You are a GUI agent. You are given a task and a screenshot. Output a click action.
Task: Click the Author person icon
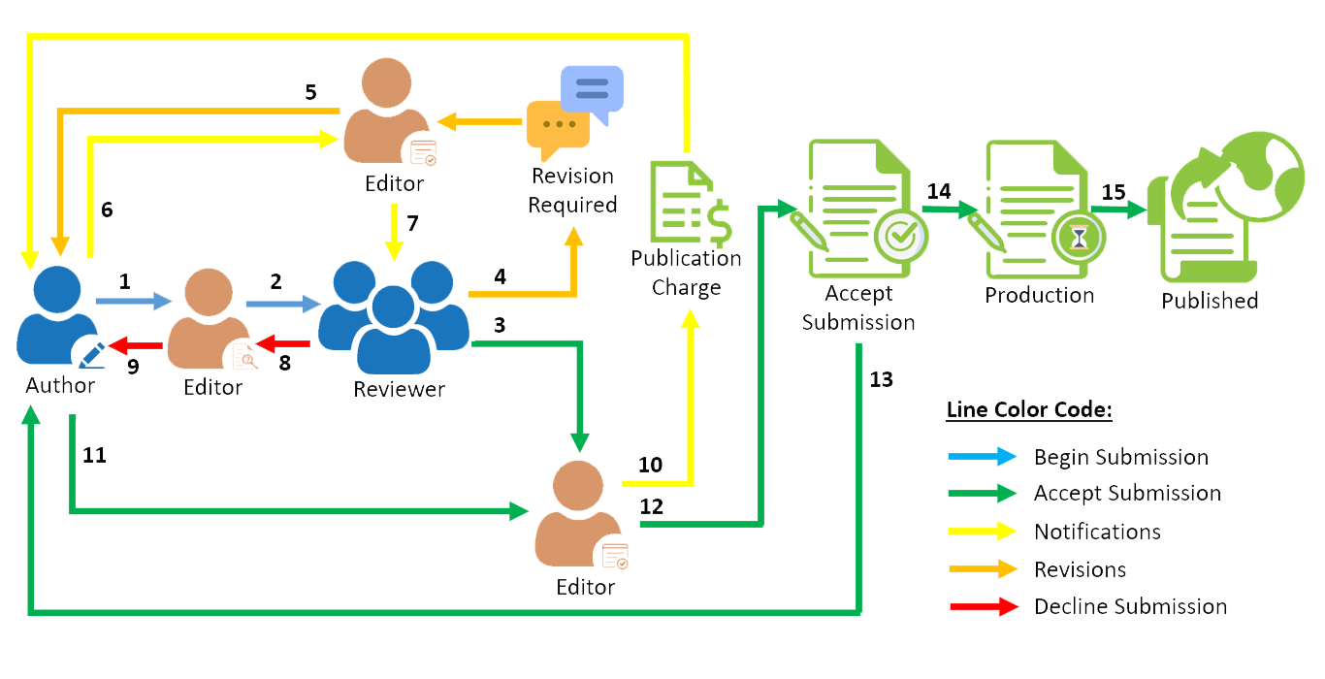tap(58, 318)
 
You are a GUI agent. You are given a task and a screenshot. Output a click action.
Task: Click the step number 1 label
tap(124, 281)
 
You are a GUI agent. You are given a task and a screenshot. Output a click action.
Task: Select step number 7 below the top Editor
tap(412, 223)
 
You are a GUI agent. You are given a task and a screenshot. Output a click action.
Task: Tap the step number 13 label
tap(881, 379)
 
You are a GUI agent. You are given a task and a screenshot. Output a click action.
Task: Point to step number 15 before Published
tap(1114, 192)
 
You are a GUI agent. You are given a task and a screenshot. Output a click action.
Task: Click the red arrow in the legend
tap(984, 607)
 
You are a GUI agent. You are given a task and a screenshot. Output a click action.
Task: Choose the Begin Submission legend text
tap(1120, 457)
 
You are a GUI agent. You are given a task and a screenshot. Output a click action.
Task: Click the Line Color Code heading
tap(1028, 410)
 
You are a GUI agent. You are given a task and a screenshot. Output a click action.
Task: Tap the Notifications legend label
tap(1097, 532)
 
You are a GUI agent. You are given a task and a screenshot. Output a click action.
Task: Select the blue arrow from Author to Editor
tap(132, 304)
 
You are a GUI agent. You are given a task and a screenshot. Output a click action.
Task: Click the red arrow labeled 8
tap(284, 342)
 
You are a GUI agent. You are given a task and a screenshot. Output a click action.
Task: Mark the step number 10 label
tap(650, 466)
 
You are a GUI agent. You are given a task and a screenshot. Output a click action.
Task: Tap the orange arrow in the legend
tap(984, 569)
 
